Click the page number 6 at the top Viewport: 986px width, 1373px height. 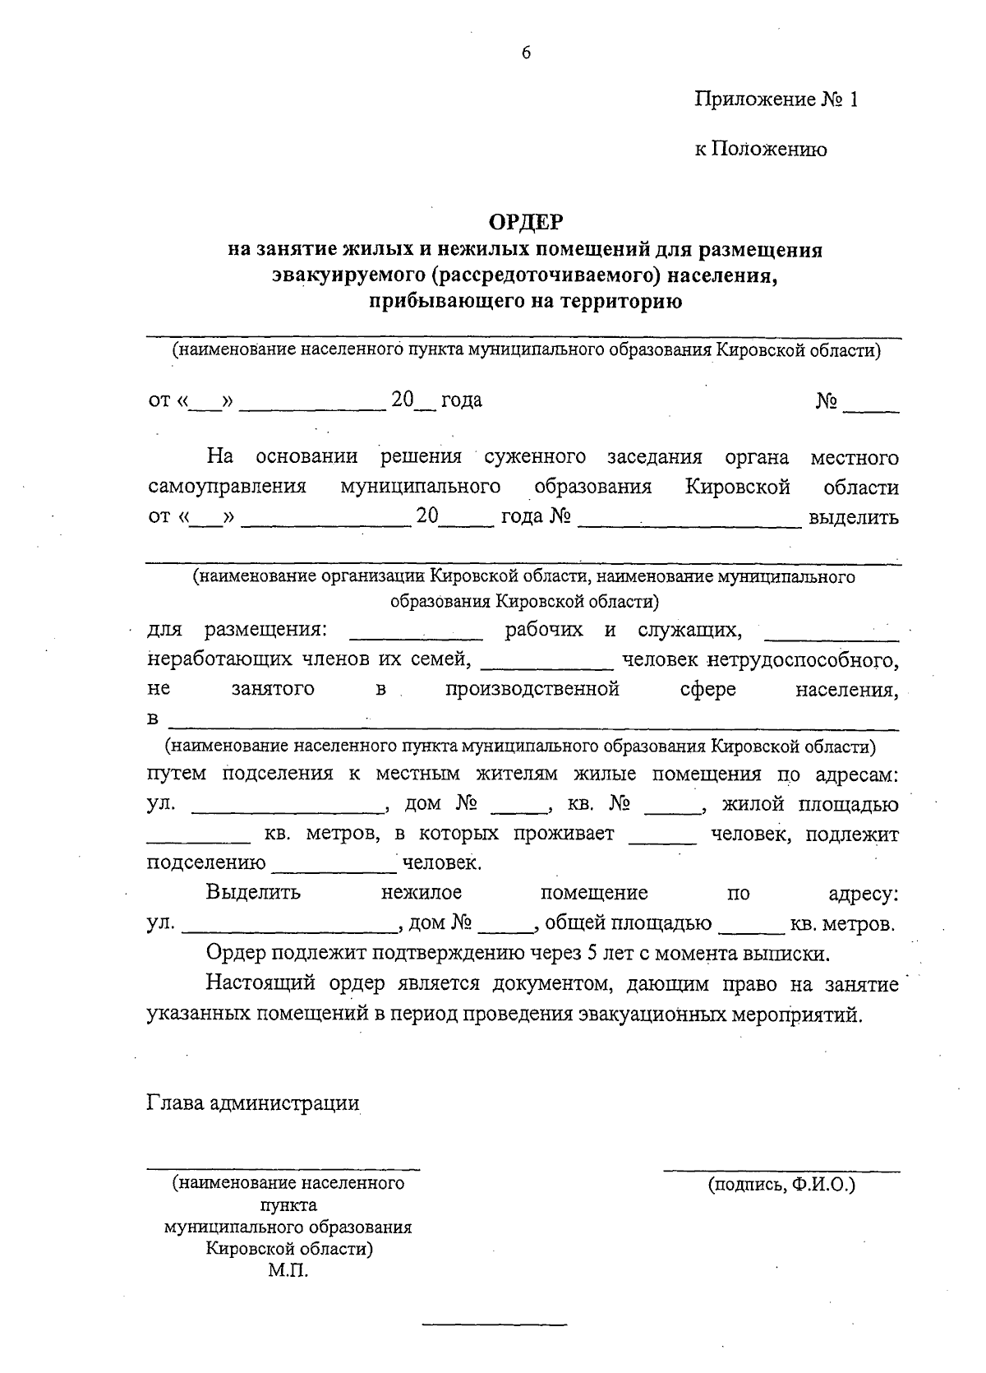pos(526,53)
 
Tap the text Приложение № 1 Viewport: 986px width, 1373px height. pos(776,100)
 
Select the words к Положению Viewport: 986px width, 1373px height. pos(760,149)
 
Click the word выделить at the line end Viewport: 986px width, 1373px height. pos(854,518)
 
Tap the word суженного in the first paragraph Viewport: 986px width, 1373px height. pos(535,457)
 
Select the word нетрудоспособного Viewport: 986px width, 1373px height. pos(802,659)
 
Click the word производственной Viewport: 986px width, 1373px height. pos(532,689)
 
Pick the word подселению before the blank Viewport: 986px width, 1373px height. pos(206,863)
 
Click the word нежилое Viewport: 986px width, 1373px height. pos(422,893)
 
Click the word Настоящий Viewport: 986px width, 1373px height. pos(260,984)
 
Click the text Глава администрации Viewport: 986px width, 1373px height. pos(253,1103)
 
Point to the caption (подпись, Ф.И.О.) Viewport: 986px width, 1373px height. pos(781,1186)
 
